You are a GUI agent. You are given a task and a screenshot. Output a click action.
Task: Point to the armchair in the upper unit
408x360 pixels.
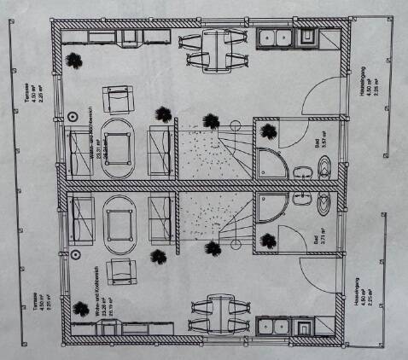pos(119,101)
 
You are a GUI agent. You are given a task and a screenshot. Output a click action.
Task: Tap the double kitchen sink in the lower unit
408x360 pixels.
pos(276,326)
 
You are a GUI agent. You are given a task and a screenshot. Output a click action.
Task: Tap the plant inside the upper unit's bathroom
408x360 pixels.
pos(269,131)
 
